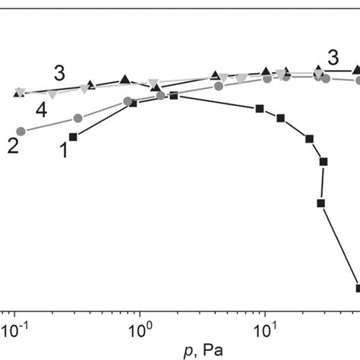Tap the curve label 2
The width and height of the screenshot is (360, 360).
[x=14, y=146]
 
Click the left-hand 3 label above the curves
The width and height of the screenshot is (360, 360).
[x=59, y=74]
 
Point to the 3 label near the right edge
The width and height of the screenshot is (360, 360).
[x=333, y=57]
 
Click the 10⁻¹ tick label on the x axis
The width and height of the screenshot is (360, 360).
[x=14, y=332]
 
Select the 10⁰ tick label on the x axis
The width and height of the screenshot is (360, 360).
[x=139, y=332]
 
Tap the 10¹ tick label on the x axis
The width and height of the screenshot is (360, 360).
[x=264, y=332]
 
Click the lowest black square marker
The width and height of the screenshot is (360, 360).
[x=358, y=288]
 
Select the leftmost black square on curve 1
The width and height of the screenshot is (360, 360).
[x=74, y=137]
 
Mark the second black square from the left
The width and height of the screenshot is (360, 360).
[x=134, y=103]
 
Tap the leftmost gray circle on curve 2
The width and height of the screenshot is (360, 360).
[x=21, y=131]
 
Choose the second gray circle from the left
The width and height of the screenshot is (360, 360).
[x=77, y=118]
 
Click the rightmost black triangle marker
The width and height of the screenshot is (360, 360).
[x=357, y=70]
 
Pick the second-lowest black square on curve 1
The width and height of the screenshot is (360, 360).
[x=321, y=203]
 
